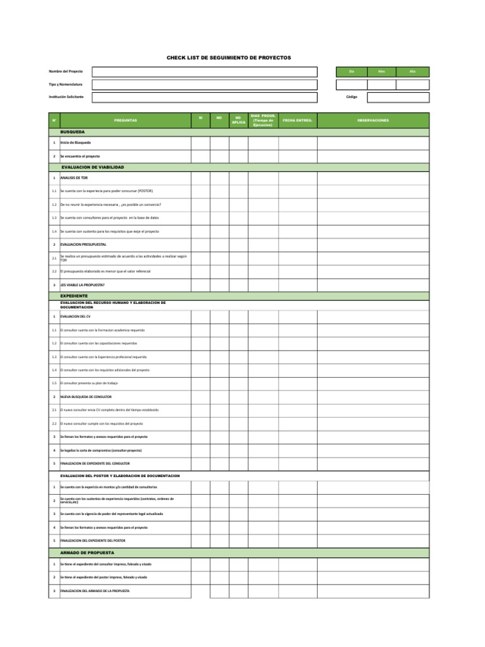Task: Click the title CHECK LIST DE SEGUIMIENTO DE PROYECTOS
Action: pos(229,57)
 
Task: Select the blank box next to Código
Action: pos(398,97)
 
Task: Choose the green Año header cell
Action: pos(412,72)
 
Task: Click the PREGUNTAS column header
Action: pos(125,120)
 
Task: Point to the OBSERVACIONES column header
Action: pos(373,120)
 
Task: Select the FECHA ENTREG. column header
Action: pos(297,120)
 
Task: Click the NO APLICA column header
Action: pos(238,120)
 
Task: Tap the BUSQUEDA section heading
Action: pos(72,132)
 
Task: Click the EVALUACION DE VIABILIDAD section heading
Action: pos(92,167)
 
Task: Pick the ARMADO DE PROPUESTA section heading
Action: pos(87,552)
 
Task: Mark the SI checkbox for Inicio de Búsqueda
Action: pos(200,143)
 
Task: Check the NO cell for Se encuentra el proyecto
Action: pos(219,156)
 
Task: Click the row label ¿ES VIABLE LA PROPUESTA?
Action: pos(83,285)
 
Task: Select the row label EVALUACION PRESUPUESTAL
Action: pos(83,244)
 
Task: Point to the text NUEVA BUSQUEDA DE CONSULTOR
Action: pos(86,397)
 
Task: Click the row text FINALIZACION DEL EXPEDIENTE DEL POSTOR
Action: pos(93,541)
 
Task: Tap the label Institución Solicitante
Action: pos(66,97)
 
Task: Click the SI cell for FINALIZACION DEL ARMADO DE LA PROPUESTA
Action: pos(200,591)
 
